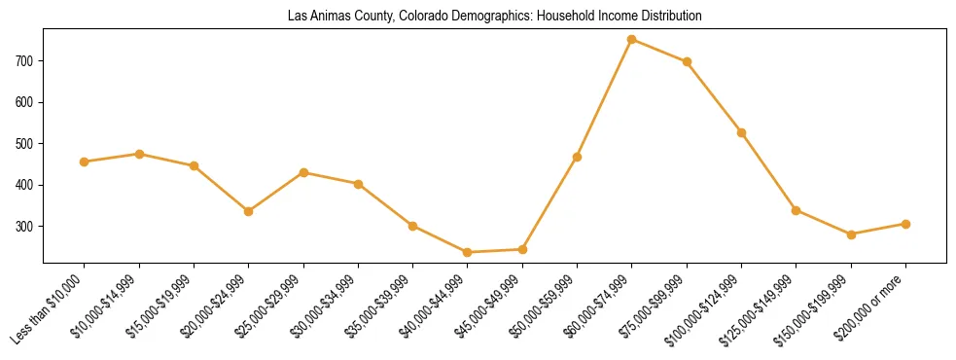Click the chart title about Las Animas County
pos(494,17)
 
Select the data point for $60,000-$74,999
pos(632,40)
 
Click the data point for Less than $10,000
pos(85,162)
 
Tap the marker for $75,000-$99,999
pos(687,61)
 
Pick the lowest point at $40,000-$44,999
pos(468,252)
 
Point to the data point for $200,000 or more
pos(905,224)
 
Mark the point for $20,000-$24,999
pos(249,211)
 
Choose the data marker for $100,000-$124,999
pos(741,132)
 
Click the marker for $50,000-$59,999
pos(578,157)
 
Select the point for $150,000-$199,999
pos(851,234)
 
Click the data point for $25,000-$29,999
pos(303,172)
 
